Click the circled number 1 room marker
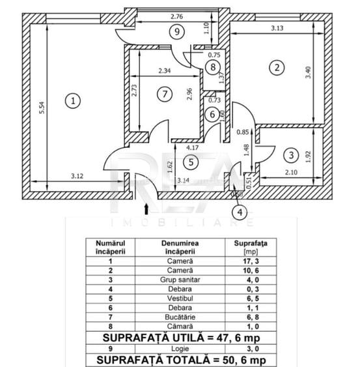coord(73,101)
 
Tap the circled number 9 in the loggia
coord(177,31)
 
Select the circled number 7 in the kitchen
coord(165,94)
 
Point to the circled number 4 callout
coord(240,213)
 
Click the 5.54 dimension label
coord(42,108)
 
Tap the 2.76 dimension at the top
coord(176,16)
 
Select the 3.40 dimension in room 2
coord(309,72)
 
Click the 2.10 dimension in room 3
coord(291,172)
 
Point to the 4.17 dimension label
coord(193,148)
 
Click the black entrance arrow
coord(146,209)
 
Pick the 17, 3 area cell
coord(251,261)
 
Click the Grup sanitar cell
coord(180,280)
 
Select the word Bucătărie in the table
coord(180,317)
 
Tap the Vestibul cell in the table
coord(180,299)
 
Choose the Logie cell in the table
coord(180,349)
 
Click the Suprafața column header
coord(251,247)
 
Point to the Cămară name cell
coord(180,327)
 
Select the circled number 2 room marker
coord(277,68)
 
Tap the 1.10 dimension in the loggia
coord(206,28)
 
